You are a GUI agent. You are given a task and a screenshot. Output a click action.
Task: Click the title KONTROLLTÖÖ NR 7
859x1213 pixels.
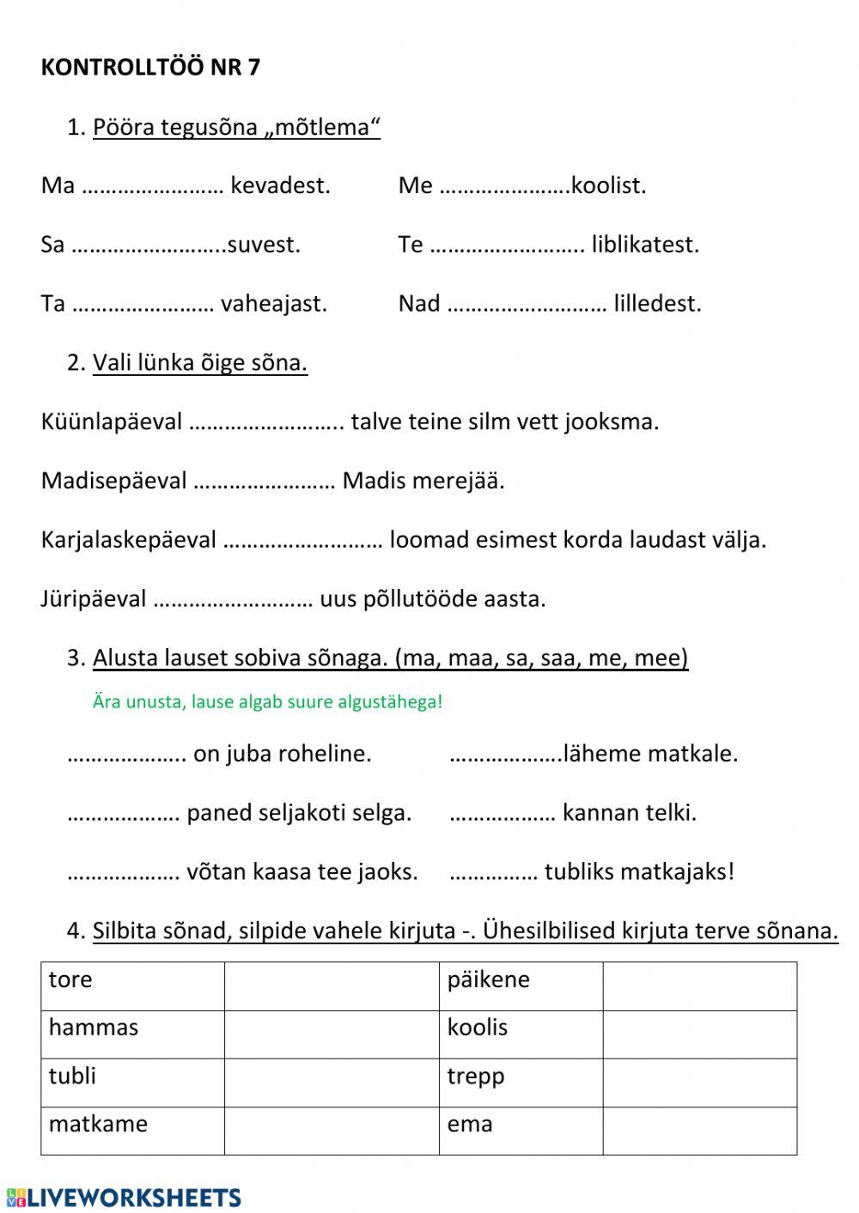150,68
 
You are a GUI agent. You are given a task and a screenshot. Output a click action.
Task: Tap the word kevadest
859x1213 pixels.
280,185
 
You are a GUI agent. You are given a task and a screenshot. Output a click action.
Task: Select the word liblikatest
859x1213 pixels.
645,245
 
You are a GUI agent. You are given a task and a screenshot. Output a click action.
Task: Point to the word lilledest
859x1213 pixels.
657,303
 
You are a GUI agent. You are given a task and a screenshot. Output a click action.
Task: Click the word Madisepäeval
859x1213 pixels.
113,481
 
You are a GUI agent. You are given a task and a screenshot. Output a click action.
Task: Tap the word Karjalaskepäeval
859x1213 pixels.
129,540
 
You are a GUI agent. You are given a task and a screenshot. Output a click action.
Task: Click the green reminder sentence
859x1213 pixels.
267,701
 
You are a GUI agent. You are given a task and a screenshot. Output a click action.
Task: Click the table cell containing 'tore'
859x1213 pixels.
132,986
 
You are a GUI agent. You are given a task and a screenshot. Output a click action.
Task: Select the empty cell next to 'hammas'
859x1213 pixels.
331,1034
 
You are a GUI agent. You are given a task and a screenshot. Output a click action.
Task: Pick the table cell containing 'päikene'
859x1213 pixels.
521,986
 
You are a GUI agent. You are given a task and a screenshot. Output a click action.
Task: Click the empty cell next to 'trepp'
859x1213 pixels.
699,1082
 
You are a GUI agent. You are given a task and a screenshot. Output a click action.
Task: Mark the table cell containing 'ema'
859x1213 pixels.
521,1130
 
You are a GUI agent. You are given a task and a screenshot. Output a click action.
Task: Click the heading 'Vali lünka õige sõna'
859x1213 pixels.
199,363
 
